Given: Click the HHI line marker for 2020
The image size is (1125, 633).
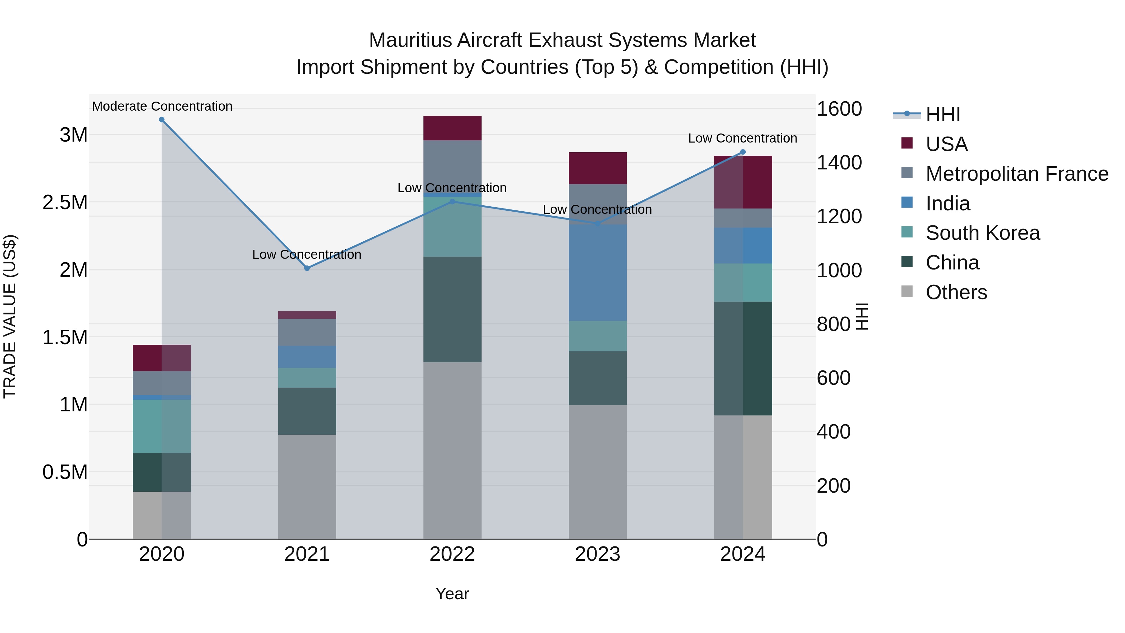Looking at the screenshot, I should tap(162, 120).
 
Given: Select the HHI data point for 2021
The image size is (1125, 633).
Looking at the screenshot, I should tap(307, 268).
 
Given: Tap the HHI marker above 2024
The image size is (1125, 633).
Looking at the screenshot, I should tap(743, 152).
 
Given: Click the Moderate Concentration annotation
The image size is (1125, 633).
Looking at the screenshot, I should tap(162, 106).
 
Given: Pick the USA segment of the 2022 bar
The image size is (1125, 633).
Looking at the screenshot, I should tap(452, 128).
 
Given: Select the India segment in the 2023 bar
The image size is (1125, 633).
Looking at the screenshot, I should tap(597, 273).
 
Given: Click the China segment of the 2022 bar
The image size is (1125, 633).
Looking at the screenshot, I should tap(452, 309).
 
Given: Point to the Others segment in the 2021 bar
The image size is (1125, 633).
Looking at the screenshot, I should tap(307, 487).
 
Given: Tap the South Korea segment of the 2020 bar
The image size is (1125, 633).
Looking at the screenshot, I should tap(162, 426).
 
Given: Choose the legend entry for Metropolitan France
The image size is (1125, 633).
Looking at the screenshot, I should tap(1017, 174).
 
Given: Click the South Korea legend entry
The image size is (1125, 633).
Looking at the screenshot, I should tap(982, 233).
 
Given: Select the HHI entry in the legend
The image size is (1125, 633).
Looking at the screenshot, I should tap(942, 114).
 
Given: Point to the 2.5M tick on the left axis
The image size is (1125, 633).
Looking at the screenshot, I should tap(65, 203).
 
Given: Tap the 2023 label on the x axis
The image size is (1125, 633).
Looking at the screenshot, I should tap(597, 554).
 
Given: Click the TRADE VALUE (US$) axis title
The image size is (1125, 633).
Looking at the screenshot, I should tap(10, 316).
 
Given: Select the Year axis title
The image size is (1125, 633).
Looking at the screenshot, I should tap(452, 594).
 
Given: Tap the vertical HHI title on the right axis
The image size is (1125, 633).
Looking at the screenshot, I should tap(862, 316).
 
